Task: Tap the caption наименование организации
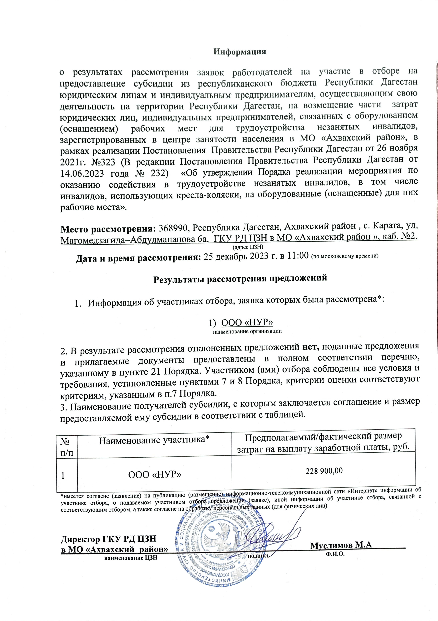[x=247, y=331]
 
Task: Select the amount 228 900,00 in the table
[x=324, y=471]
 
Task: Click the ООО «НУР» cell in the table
[x=154, y=474]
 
